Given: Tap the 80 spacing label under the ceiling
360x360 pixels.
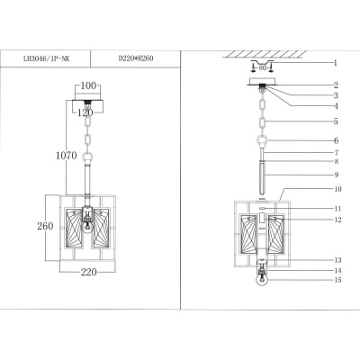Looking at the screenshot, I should (x=263, y=67).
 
